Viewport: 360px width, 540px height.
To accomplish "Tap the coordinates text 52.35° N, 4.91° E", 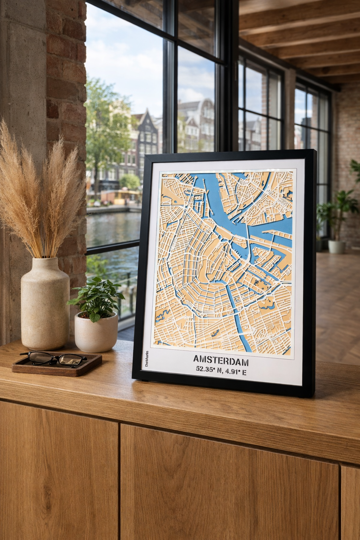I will coord(221,371).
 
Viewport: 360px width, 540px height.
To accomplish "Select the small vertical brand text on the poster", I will coord(147,359).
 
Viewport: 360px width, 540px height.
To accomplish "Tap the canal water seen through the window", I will coord(112,229).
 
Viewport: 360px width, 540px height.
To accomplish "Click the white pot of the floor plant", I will coord(336,246).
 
